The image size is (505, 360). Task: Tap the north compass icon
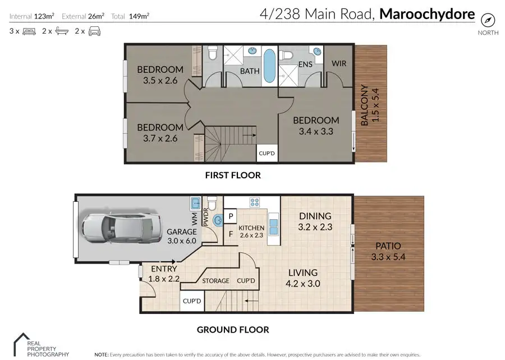pyautogui.click(x=488, y=21)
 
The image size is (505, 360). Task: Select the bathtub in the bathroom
pyautogui.click(x=269, y=67)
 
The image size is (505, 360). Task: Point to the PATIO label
pyautogui.click(x=388, y=251)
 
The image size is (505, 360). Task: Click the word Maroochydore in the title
pyautogui.click(x=427, y=14)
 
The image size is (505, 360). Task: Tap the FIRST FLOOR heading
pyautogui.click(x=233, y=175)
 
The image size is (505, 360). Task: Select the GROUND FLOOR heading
pyautogui.click(x=232, y=330)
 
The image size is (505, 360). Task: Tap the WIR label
pyautogui.click(x=339, y=63)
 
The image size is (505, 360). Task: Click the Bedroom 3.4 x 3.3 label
pyautogui.click(x=316, y=126)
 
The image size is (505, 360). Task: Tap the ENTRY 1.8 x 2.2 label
pyautogui.click(x=163, y=274)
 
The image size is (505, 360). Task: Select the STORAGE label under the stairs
pyautogui.click(x=215, y=280)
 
